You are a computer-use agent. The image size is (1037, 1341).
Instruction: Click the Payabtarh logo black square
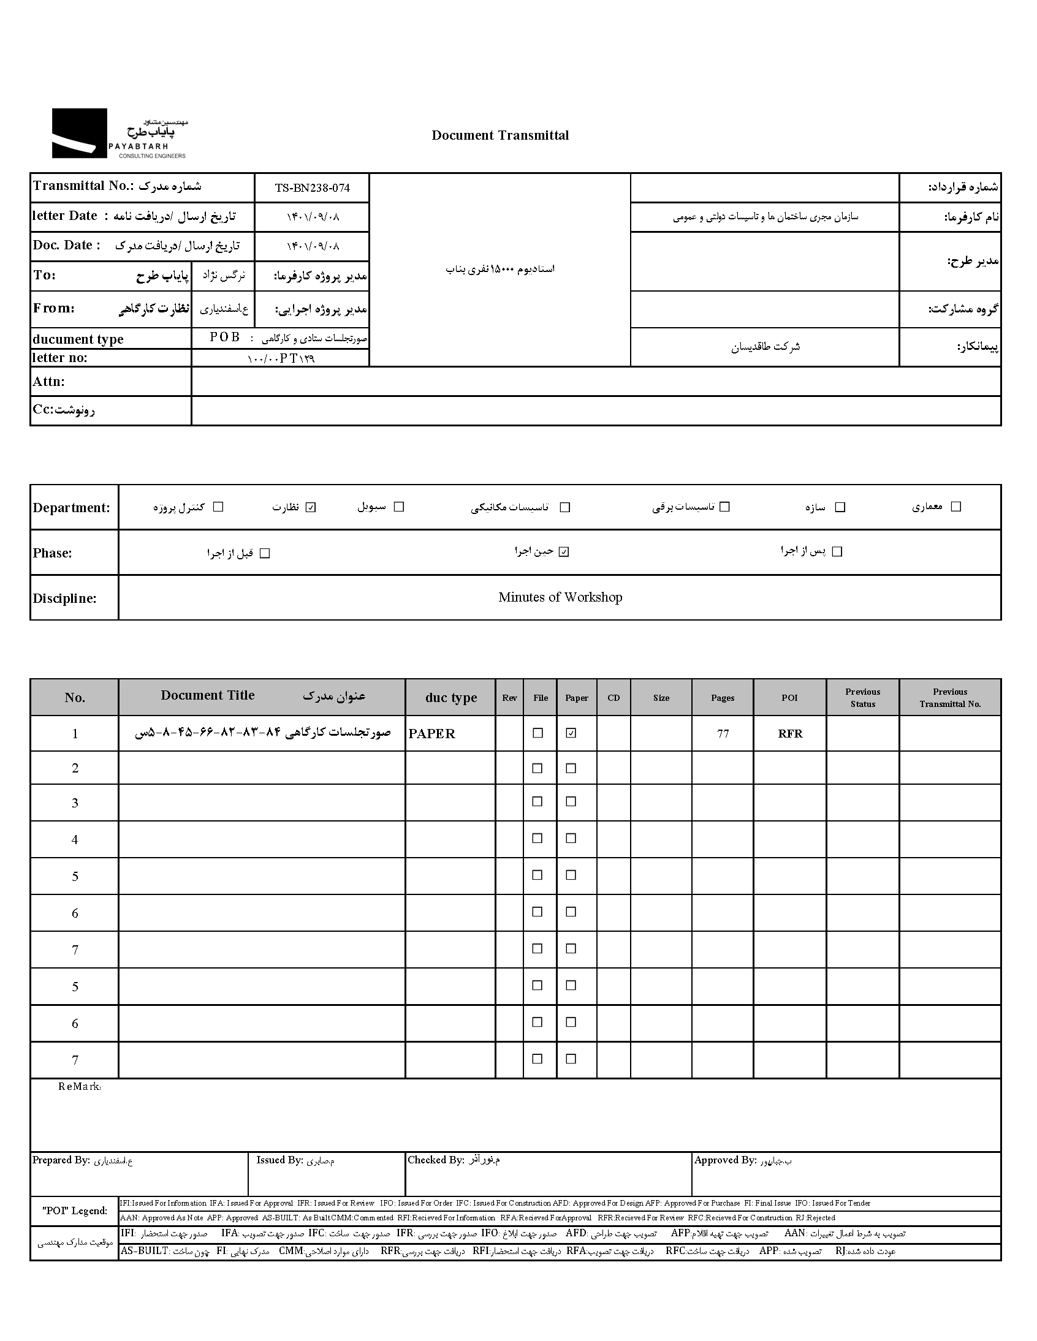click(79, 133)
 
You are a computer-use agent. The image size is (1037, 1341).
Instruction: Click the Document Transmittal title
click(500, 136)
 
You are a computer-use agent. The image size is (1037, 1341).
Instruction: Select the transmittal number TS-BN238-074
click(312, 188)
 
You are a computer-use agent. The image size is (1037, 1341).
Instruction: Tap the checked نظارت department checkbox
click(311, 507)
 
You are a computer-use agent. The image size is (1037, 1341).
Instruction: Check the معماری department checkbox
click(955, 507)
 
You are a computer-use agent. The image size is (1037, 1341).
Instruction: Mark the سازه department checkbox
click(840, 507)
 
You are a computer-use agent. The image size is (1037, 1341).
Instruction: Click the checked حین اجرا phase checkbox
click(564, 552)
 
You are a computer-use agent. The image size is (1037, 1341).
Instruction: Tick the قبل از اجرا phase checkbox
click(265, 553)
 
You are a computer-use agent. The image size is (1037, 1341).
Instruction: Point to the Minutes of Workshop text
click(560, 597)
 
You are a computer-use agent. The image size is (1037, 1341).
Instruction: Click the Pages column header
click(723, 698)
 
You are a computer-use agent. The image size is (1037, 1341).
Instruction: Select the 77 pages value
click(723, 734)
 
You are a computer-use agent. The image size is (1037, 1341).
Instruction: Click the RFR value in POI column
click(790, 734)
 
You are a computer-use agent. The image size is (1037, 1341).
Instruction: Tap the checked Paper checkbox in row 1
click(571, 733)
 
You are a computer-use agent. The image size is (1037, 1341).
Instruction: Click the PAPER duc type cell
click(432, 734)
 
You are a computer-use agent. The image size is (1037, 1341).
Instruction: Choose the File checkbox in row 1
click(538, 733)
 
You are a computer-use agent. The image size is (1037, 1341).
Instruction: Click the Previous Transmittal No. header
click(950, 698)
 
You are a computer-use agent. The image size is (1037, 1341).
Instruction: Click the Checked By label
click(436, 1160)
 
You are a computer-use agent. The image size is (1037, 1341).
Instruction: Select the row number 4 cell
click(75, 839)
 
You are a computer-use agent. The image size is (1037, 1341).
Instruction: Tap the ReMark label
click(79, 1087)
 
